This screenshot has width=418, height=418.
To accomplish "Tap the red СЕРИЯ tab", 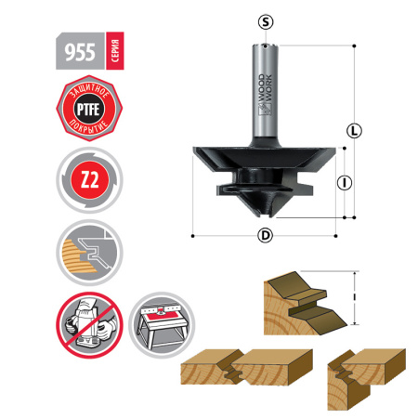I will (x=112, y=51).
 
